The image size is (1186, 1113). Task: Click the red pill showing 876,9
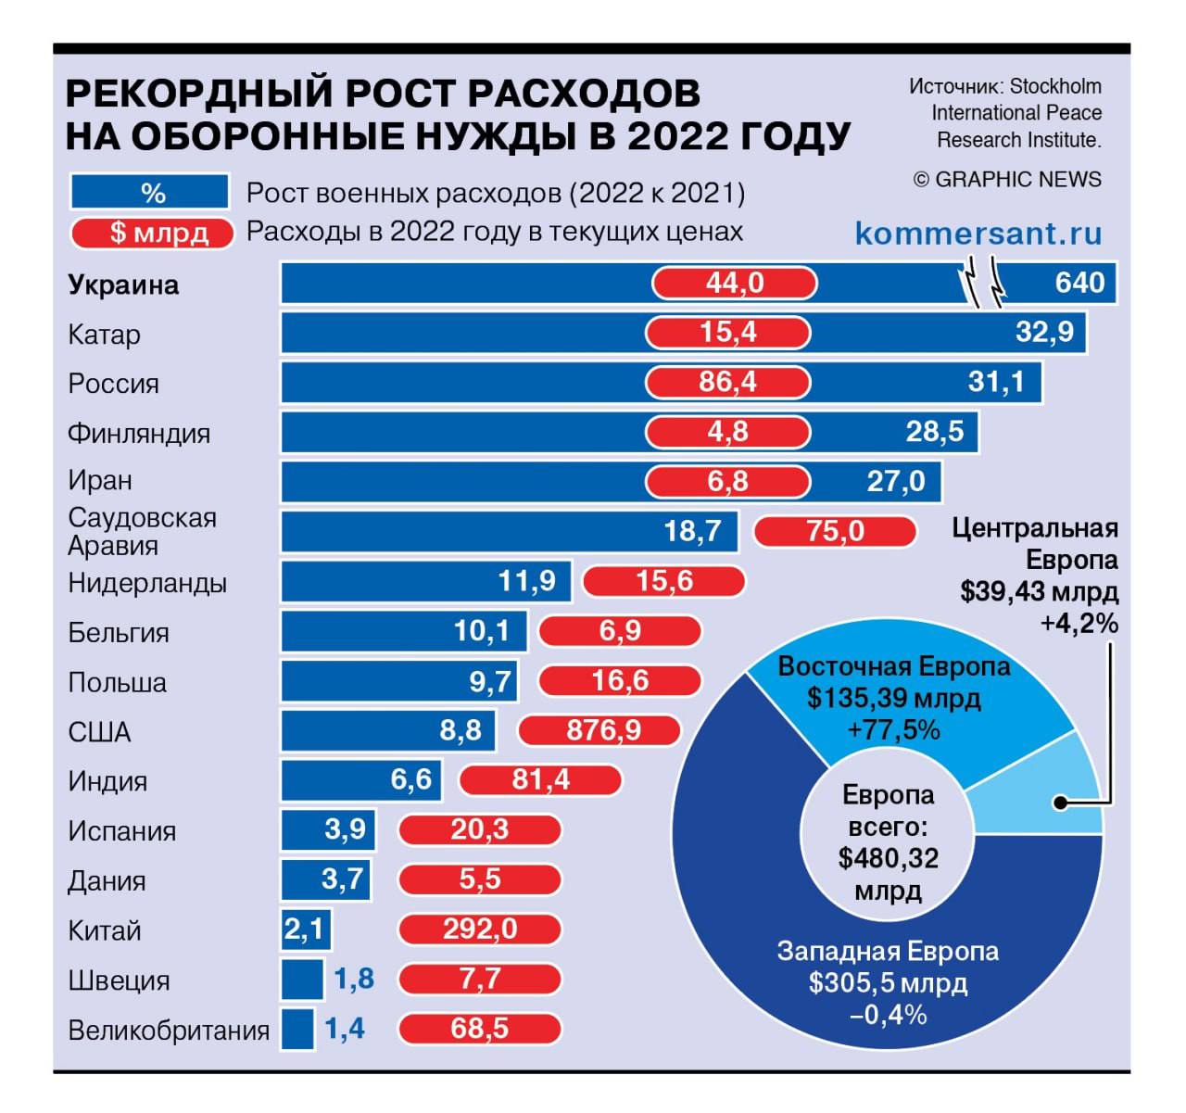(599, 730)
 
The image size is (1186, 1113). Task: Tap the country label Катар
(104, 335)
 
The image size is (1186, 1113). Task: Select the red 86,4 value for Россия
(727, 382)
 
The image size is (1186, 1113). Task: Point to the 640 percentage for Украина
(1079, 282)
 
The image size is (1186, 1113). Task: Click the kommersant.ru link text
(978, 234)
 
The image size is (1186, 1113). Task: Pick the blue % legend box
(149, 192)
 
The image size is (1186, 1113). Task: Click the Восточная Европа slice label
(893, 666)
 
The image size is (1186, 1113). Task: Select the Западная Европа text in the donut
(888, 952)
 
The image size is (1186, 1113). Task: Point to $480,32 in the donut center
(888, 859)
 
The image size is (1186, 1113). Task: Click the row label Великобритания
(169, 1030)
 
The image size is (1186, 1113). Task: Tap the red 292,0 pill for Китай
(480, 929)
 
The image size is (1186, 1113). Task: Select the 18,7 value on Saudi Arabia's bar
(692, 531)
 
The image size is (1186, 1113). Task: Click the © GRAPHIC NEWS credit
(1007, 180)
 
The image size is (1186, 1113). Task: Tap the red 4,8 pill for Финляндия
(727, 431)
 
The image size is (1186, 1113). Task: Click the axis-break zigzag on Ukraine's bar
(984, 284)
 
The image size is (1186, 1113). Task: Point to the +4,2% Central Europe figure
(1079, 623)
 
